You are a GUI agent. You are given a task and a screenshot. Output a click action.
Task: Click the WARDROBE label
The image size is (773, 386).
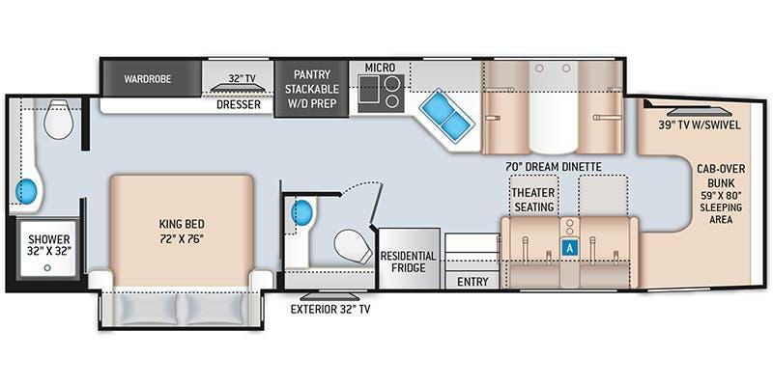(x=148, y=79)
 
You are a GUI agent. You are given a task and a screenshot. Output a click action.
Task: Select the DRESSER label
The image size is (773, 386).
(x=239, y=104)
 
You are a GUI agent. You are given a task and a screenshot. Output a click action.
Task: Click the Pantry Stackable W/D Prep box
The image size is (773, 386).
(x=311, y=89)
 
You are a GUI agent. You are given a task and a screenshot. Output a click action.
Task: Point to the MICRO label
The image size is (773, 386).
(x=380, y=67)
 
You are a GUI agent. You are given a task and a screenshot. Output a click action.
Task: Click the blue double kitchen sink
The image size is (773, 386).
(x=446, y=116)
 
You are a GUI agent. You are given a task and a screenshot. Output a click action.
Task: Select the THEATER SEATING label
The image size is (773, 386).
(x=534, y=200)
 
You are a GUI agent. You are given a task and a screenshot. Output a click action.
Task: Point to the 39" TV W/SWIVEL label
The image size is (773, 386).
(x=700, y=125)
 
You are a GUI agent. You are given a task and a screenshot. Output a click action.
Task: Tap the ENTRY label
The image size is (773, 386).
(x=472, y=282)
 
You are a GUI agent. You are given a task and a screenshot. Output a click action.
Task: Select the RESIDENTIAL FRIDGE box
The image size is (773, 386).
(x=409, y=258)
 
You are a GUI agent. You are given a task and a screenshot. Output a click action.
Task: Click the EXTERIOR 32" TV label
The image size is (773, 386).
(x=330, y=310)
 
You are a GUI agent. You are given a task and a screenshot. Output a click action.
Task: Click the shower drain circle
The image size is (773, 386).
(x=47, y=268)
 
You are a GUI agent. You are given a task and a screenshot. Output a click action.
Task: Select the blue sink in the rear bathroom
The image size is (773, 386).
(x=26, y=191)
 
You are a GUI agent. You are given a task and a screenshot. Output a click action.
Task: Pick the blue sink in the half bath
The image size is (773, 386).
(x=302, y=212)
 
